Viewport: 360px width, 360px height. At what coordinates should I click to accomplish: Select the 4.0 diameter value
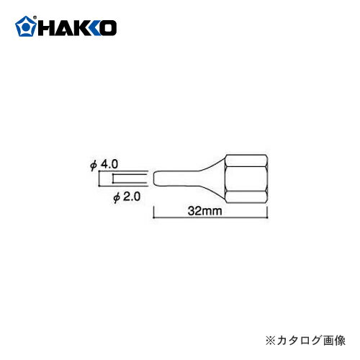click(x=109, y=164)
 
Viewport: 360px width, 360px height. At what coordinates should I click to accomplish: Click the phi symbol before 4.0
click(x=94, y=165)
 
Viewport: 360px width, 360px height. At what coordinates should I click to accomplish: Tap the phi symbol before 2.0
click(x=118, y=196)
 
